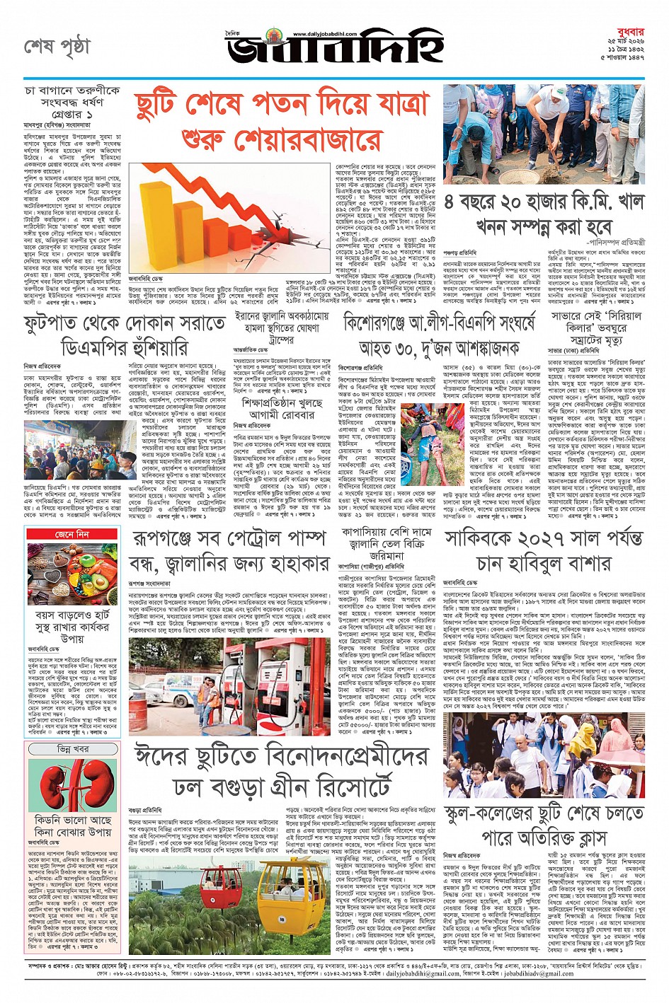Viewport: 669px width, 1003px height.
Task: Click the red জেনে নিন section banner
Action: (72, 534)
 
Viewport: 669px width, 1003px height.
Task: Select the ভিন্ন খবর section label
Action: (72, 748)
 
